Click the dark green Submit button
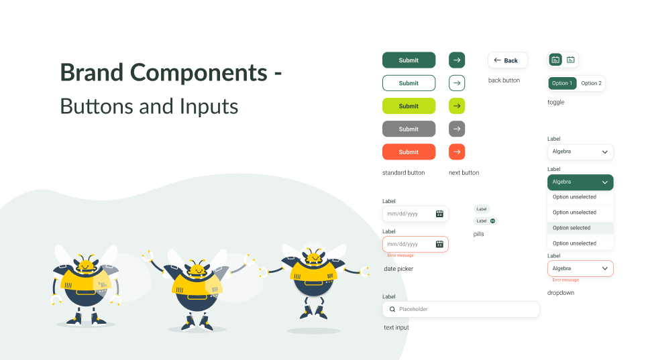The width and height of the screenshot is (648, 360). click(x=409, y=60)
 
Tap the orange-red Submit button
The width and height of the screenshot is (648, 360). click(x=409, y=152)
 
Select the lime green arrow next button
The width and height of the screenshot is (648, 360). click(x=457, y=106)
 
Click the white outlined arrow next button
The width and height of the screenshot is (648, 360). click(x=457, y=83)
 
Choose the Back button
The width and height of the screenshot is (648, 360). click(x=508, y=60)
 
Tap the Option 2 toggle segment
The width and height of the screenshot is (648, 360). click(x=592, y=83)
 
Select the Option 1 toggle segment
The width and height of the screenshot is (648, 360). click(x=562, y=83)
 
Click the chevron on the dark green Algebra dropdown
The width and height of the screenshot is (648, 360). click(x=605, y=182)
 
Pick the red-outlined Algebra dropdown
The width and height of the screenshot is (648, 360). click(x=580, y=268)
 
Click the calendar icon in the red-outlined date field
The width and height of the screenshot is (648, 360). click(x=439, y=245)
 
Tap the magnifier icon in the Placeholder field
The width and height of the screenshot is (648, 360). click(x=392, y=309)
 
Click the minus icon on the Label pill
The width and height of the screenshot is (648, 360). click(x=492, y=221)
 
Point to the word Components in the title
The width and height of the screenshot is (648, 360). click(x=199, y=73)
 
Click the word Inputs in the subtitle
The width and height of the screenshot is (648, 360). click(x=209, y=107)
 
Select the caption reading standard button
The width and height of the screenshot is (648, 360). click(x=403, y=172)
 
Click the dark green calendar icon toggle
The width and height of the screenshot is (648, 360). click(x=555, y=60)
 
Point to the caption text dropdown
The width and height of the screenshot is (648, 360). click(x=561, y=293)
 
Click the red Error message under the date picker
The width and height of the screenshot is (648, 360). click(x=400, y=255)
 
